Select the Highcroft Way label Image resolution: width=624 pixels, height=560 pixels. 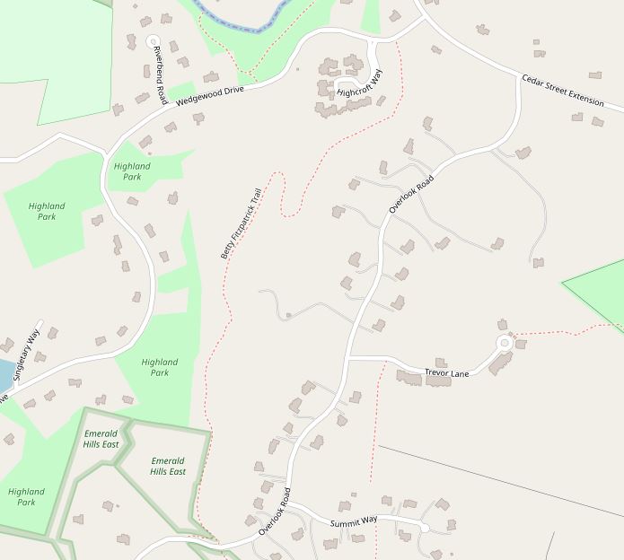(x=359, y=81)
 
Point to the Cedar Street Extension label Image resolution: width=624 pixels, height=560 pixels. (x=563, y=90)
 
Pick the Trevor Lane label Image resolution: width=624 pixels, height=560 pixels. (x=446, y=372)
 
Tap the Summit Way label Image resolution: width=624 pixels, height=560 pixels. (x=354, y=521)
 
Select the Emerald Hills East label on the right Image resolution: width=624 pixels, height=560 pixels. (x=168, y=466)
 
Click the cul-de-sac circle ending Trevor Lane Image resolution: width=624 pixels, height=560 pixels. (x=505, y=342)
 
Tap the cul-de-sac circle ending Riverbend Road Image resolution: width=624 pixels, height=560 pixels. (x=153, y=41)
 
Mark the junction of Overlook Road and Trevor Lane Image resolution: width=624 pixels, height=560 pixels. (x=347, y=357)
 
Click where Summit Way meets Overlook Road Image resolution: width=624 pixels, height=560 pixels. (x=287, y=507)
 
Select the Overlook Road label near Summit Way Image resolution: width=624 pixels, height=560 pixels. (x=275, y=512)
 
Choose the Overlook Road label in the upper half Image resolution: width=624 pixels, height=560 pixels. (x=411, y=193)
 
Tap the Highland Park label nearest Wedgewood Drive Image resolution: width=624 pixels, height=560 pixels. (x=132, y=171)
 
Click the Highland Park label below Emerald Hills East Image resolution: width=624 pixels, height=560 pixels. (x=26, y=496)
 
